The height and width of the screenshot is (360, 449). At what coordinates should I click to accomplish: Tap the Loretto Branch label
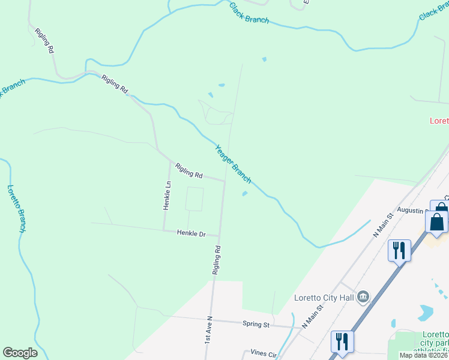point(16,208)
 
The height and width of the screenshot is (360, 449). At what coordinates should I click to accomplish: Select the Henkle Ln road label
point(167,195)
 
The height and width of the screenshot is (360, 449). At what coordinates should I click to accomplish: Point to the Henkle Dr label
point(191,233)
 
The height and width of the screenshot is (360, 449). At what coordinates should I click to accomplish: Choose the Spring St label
point(256,325)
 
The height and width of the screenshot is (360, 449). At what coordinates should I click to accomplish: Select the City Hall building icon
point(363,296)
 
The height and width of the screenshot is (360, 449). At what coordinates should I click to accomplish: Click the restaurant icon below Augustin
point(399,249)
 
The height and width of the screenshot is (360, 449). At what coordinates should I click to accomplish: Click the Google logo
point(20,353)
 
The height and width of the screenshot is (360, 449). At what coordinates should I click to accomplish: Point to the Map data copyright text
point(424,355)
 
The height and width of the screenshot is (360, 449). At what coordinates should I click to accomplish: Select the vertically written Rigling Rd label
point(217,260)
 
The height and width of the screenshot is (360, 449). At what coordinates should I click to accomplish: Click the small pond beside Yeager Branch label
point(245,193)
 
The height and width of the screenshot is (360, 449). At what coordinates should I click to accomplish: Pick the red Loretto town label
point(439,121)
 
